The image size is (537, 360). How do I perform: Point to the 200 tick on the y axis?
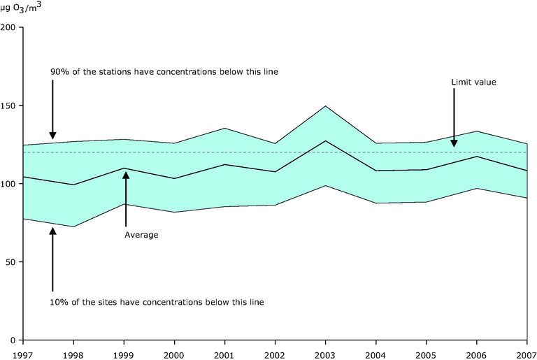[11, 28]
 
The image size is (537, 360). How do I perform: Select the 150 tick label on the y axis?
[11, 106]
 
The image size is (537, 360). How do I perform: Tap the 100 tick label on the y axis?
[11, 184]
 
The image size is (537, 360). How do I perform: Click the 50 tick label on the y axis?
[13, 262]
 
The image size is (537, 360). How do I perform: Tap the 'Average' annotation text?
[141, 235]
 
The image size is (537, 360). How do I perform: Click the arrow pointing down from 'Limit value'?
[454, 119]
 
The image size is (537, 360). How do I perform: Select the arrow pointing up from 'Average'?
[125, 199]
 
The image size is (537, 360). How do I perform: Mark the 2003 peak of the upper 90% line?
[325, 106]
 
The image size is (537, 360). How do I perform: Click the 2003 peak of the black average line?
[325, 141]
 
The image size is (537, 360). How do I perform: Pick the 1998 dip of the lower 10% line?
[74, 226]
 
